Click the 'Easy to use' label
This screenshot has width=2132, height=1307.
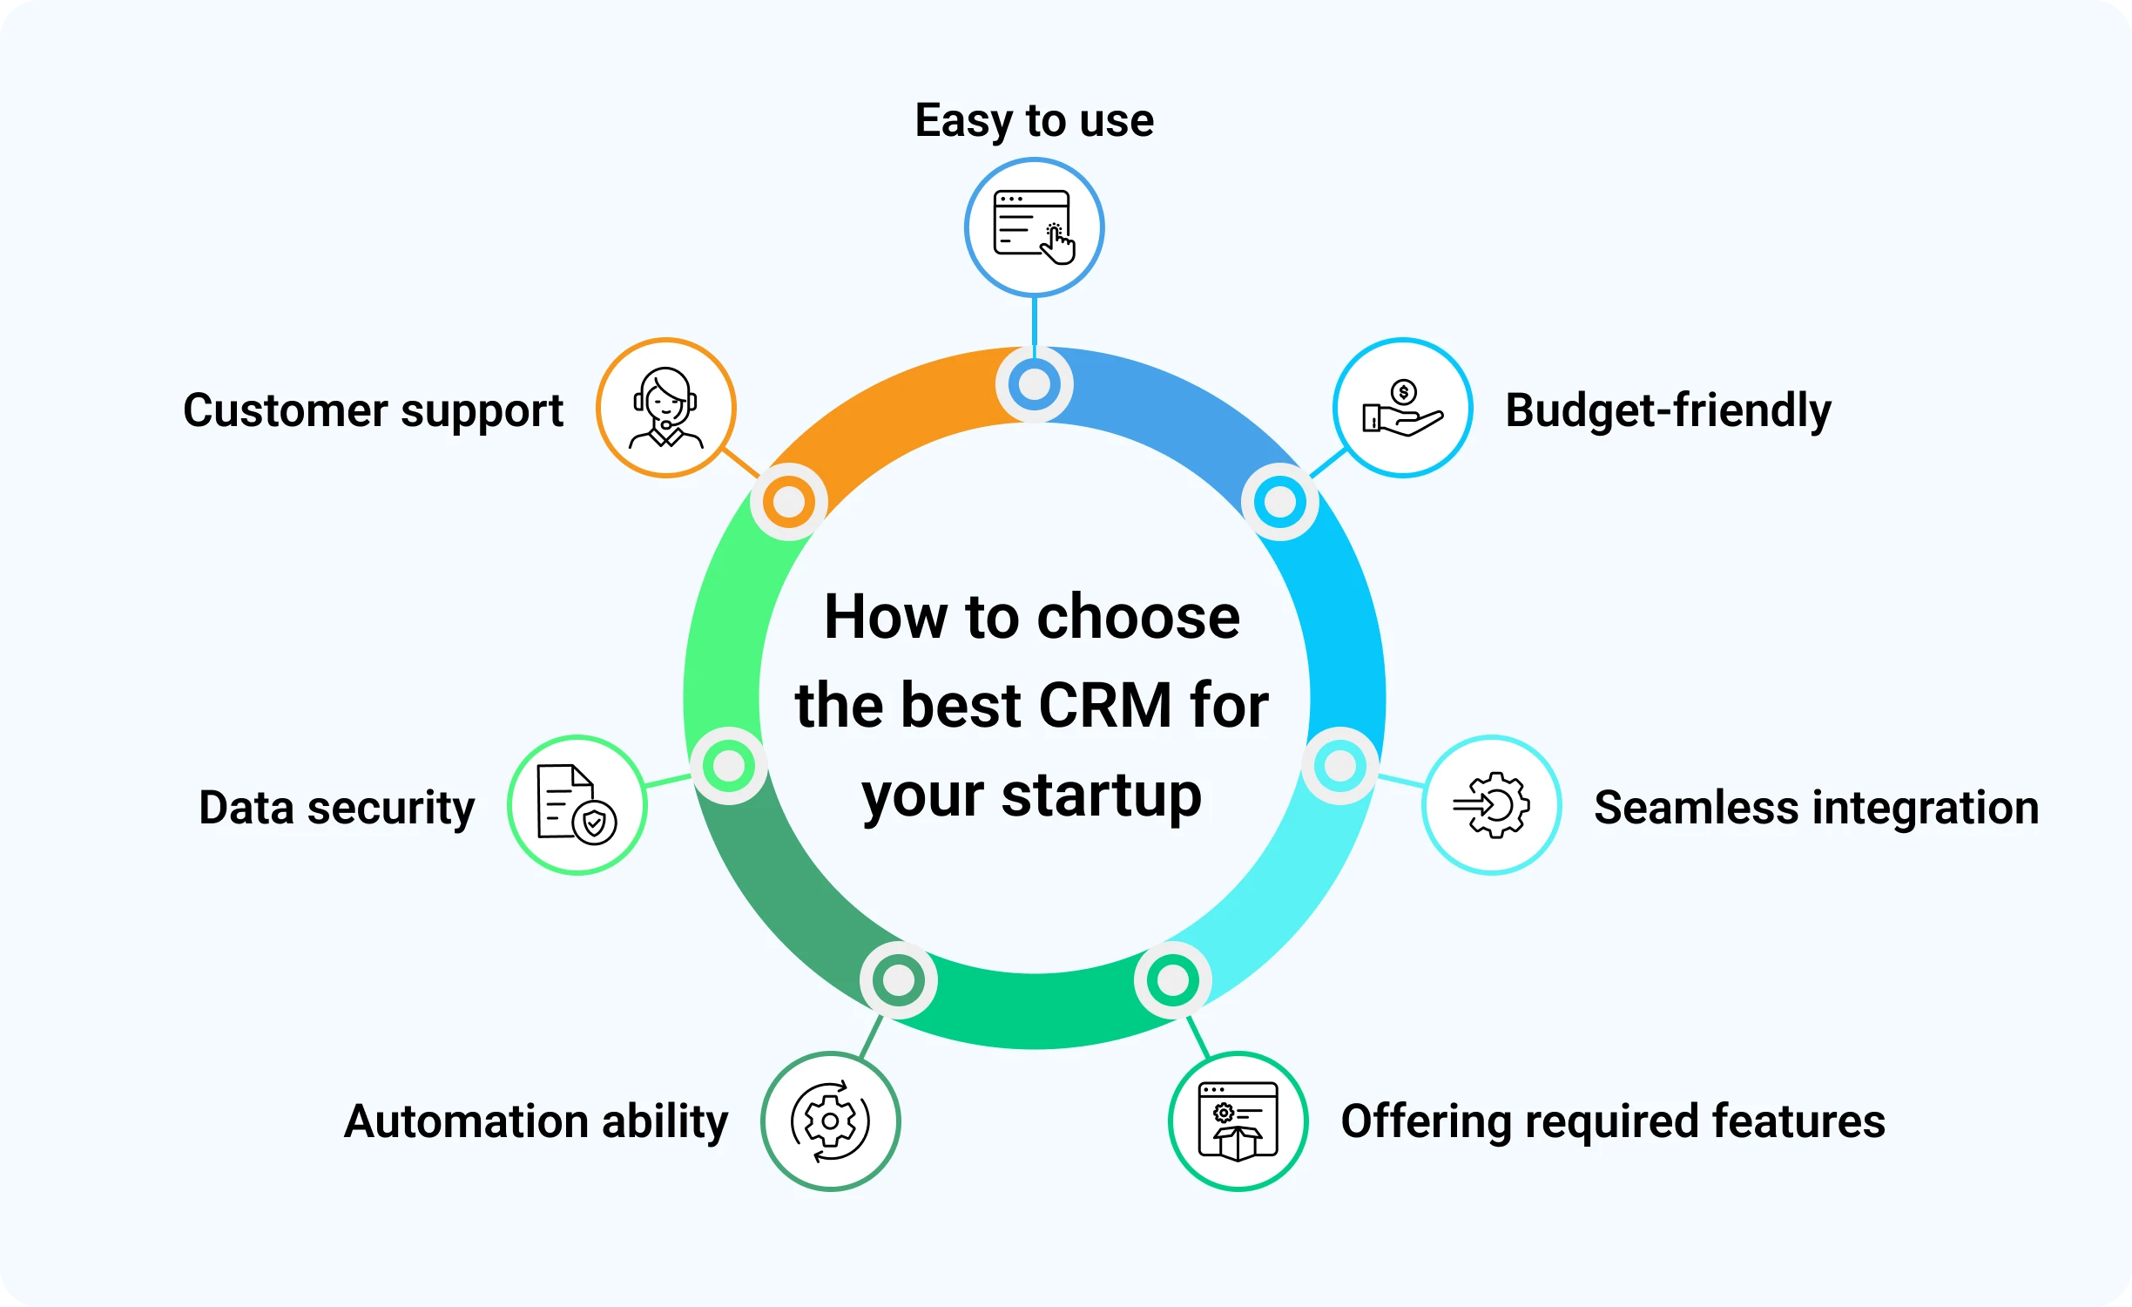coord(1034,121)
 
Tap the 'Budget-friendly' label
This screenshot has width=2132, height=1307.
coord(1668,410)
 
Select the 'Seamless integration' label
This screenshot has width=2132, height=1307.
coord(1816,808)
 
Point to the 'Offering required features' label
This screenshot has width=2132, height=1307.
coord(1613,1121)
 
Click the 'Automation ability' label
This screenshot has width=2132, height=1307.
coord(536,1122)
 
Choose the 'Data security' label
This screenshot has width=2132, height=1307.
coord(337,809)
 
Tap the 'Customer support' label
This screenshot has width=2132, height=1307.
coord(373,411)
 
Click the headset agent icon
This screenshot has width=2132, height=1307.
coord(666,408)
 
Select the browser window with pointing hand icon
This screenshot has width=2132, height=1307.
coord(1035,227)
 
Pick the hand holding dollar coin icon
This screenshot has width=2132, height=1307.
coord(1403,408)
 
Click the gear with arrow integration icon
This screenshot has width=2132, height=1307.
coord(1492,805)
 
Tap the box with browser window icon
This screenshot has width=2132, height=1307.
coord(1238,1121)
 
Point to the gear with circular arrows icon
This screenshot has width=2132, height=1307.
coord(830,1121)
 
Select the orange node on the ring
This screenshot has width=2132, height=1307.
coord(789,502)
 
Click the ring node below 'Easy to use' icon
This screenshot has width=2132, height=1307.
coord(1035,384)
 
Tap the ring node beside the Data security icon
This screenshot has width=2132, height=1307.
coord(729,766)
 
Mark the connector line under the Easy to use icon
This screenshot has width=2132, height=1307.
coord(1035,322)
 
